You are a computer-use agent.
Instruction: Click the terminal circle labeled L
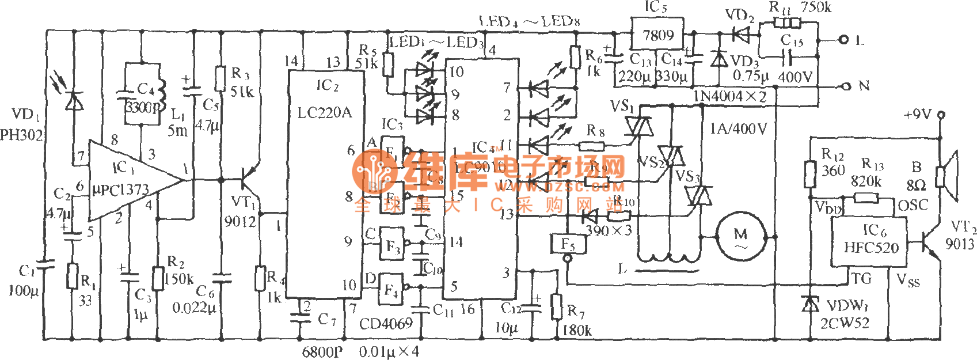844,40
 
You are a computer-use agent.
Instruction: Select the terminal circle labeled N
844,86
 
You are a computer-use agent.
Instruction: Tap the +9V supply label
918,115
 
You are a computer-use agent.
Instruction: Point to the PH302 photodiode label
21,135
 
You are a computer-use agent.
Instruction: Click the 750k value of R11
816,7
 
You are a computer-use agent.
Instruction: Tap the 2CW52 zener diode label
845,323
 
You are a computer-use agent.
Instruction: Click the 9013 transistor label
959,244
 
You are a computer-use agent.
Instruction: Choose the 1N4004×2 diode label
729,97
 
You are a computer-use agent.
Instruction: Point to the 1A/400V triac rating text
738,128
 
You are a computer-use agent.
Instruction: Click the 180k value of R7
576,330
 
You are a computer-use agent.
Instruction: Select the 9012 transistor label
240,221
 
